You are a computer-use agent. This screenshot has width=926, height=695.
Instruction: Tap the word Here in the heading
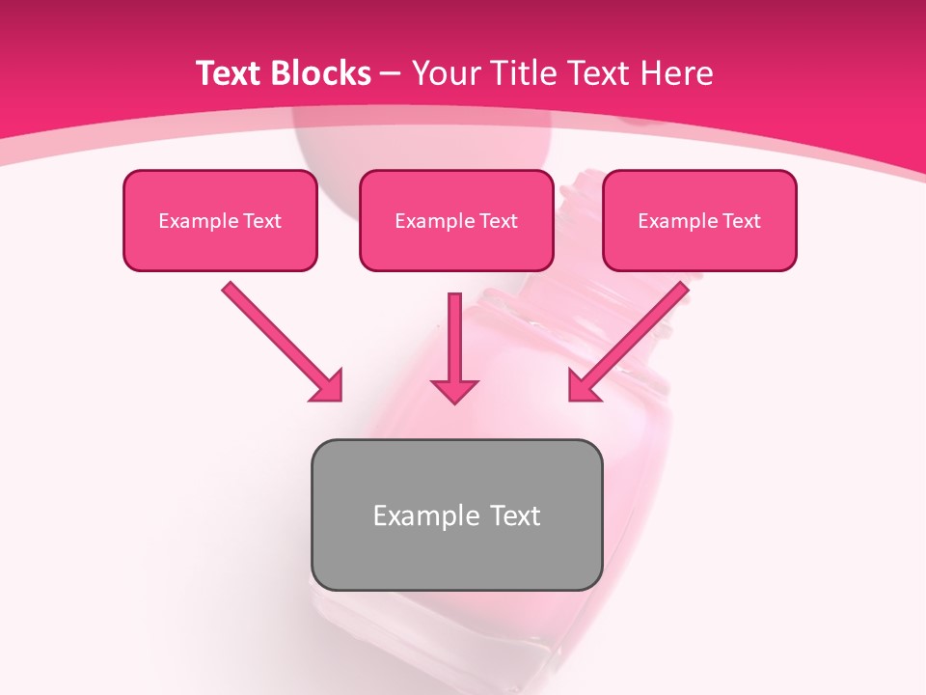click(x=677, y=73)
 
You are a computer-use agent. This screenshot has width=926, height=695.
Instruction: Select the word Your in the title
click(x=445, y=73)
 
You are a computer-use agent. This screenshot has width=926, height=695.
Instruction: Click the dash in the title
click(x=391, y=73)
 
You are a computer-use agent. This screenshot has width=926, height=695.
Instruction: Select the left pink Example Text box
click(x=220, y=220)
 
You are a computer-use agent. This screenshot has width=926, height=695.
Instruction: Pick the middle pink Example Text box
click(x=456, y=220)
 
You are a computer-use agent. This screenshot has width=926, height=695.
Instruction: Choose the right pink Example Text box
click(x=699, y=220)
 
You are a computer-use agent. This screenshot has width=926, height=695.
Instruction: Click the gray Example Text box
click(x=456, y=514)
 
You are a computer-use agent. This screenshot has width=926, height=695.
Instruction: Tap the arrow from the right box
click(x=632, y=338)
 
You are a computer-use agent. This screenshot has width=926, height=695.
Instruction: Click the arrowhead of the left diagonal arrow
click(x=329, y=387)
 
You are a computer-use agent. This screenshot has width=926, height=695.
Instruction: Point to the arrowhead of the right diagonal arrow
click(x=582, y=386)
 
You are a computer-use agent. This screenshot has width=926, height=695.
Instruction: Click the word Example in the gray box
click(x=420, y=515)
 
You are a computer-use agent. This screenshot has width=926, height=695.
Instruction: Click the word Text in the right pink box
click(x=740, y=221)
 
